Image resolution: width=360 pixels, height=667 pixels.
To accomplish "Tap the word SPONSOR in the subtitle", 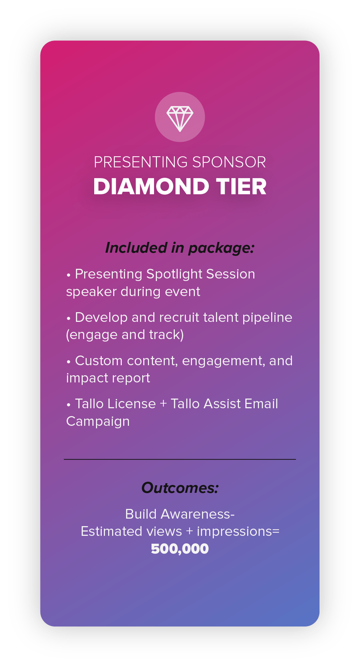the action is [x=229, y=162].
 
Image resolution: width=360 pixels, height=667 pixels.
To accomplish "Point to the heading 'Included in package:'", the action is [x=180, y=248].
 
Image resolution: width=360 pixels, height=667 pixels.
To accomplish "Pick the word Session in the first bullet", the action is [x=230, y=274].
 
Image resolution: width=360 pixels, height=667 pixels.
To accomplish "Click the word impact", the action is [x=85, y=378].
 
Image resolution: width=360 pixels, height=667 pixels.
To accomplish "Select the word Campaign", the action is [x=98, y=422].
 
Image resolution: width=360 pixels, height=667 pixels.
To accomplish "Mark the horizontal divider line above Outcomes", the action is [x=180, y=459].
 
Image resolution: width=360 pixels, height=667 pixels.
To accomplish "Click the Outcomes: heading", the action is [x=180, y=488].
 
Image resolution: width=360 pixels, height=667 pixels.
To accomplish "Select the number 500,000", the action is [x=180, y=549].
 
